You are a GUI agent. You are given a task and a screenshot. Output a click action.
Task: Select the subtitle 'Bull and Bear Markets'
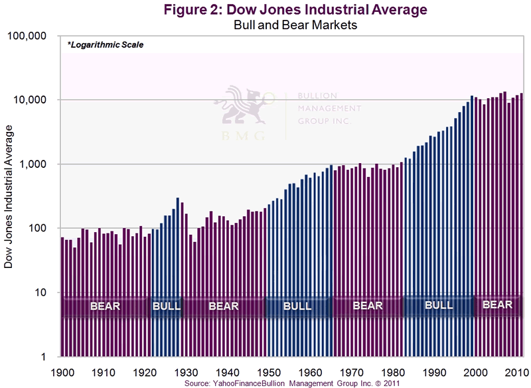click(297, 25)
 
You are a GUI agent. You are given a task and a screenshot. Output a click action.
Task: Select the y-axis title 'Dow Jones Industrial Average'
click(10, 198)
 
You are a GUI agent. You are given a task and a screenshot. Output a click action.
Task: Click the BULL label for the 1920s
click(166, 306)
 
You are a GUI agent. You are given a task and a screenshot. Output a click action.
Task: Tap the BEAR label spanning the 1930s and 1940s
click(224, 306)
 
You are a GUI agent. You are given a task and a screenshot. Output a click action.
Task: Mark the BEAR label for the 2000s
click(497, 305)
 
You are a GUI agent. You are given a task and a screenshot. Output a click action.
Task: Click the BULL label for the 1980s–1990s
click(438, 305)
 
